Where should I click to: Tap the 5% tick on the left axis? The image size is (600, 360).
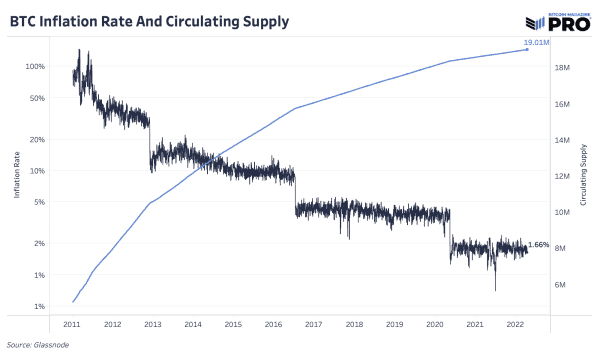click(39, 203)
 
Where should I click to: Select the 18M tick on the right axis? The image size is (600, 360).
click(561, 68)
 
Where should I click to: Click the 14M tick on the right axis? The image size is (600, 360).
click(561, 140)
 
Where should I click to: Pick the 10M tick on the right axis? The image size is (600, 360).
click(561, 212)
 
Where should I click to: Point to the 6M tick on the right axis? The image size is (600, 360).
click(561, 284)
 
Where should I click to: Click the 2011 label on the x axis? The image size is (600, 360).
click(72, 325)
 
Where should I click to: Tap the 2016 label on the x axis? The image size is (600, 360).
click(274, 325)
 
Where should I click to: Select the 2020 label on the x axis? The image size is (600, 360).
click(435, 325)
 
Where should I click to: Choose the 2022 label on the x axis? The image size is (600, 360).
click(516, 325)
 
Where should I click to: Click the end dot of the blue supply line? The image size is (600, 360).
click(529, 50)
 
